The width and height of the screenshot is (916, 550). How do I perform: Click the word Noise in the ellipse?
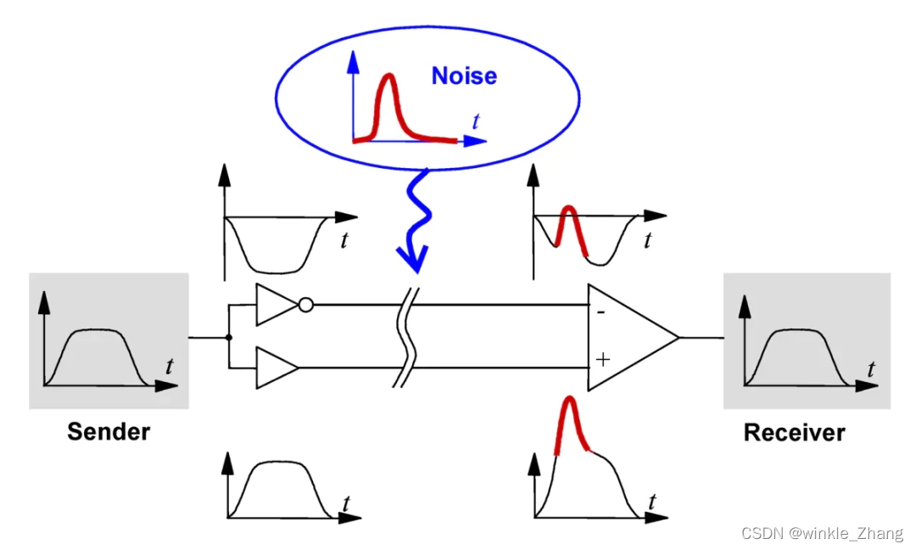pyautogui.click(x=464, y=76)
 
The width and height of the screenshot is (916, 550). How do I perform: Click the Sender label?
pyautogui.click(x=109, y=431)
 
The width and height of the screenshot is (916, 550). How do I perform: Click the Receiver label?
pyautogui.click(x=794, y=432)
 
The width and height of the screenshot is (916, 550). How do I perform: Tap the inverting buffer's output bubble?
pyautogui.click(x=306, y=305)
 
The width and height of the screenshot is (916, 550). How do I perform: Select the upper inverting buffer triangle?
pyautogui.click(x=275, y=305)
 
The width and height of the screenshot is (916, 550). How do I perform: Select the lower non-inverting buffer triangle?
pyautogui.click(x=275, y=368)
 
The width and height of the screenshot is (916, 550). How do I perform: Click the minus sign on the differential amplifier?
pyautogui.click(x=600, y=312)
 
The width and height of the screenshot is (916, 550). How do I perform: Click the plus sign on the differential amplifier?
pyautogui.click(x=602, y=359)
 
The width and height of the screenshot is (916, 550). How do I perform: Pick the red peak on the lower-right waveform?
pyautogui.click(x=570, y=412)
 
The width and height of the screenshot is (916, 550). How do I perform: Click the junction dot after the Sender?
pyautogui.click(x=229, y=337)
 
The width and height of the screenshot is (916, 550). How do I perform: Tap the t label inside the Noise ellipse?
pyautogui.click(x=476, y=122)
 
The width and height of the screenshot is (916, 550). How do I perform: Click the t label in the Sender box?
pyautogui.click(x=170, y=367)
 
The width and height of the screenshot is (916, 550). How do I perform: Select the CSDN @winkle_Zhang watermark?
pyautogui.click(x=822, y=533)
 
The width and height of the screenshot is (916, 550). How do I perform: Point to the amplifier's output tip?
pyautogui.click(x=678, y=337)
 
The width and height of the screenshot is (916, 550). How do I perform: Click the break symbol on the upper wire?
pyautogui.click(x=405, y=305)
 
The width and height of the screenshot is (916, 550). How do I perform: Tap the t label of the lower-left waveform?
pyautogui.click(x=346, y=502)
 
